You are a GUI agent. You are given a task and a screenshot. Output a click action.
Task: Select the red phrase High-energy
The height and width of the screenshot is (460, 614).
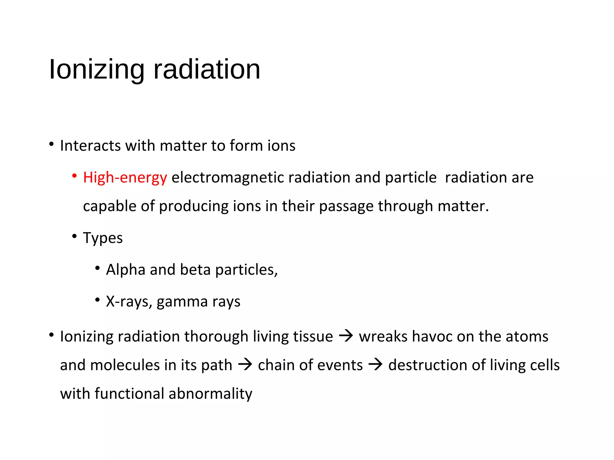click(x=125, y=177)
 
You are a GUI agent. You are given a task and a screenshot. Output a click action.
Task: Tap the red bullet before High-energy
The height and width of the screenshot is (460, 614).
click(x=74, y=176)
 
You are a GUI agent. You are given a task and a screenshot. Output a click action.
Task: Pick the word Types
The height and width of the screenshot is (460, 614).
click(x=103, y=238)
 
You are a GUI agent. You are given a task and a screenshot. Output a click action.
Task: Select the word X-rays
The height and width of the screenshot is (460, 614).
click(x=129, y=302)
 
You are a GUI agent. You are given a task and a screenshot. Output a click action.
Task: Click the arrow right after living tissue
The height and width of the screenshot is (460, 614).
click(x=346, y=336)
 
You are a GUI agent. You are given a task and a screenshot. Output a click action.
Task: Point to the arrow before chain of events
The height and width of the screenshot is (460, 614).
click(x=245, y=364)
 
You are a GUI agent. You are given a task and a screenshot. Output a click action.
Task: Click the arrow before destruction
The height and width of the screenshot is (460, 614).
click(x=375, y=364)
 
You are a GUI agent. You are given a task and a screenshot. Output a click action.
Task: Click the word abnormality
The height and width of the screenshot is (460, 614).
click(x=210, y=394)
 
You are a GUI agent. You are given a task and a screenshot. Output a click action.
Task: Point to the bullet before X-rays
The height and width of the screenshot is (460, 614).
click(x=97, y=299)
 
